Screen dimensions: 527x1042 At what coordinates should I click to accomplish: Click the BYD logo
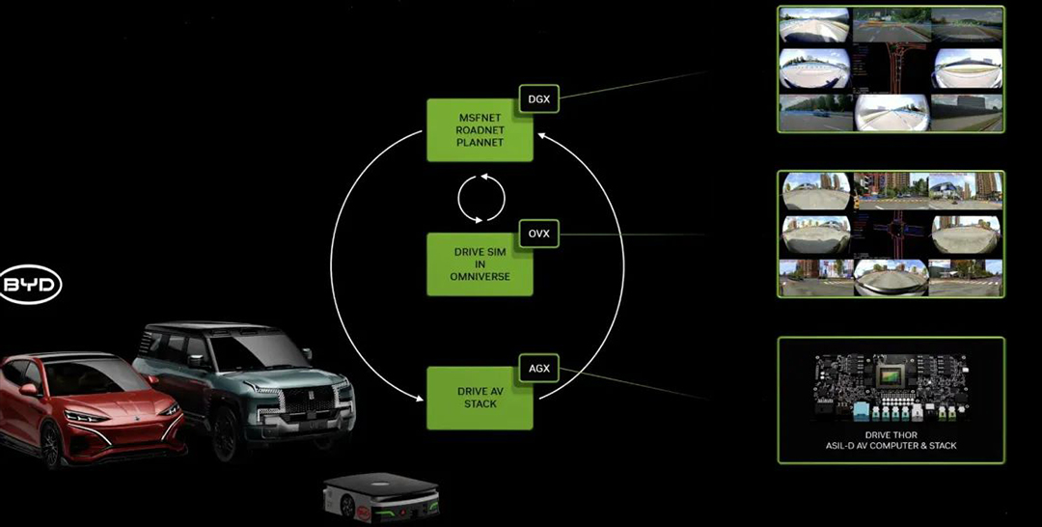click(30, 286)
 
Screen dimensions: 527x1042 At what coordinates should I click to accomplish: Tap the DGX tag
click(538, 97)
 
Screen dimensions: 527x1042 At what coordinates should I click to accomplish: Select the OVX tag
click(538, 233)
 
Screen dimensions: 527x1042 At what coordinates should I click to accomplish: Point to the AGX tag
click(538, 368)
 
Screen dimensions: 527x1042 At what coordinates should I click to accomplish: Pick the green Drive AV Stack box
click(479, 397)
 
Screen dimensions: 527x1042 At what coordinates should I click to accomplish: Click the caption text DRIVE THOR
click(890, 434)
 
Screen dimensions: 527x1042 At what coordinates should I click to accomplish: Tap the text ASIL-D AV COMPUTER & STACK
click(890, 446)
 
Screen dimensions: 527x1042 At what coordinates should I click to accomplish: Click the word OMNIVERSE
click(479, 277)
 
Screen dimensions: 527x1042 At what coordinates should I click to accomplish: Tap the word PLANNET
click(479, 143)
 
